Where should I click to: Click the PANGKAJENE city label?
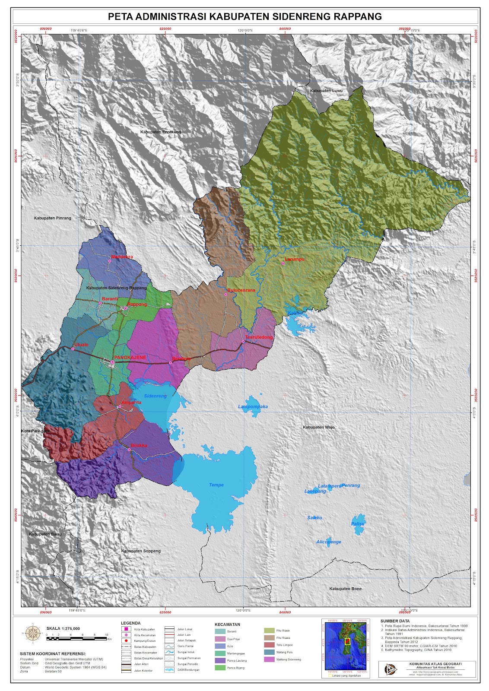[x=130, y=358]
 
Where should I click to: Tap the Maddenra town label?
[x=122, y=257]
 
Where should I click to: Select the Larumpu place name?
[x=295, y=259]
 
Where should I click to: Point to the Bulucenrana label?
[x=241, y=290]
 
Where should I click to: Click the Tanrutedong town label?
[x=259, y=337]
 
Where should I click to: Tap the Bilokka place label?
[x=139, y=446]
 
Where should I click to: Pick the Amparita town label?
[x=131, y=403]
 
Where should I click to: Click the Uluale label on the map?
[x=81, y=345]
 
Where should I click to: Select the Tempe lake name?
[x=216, y=485]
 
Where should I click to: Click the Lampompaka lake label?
[x=253, y=407]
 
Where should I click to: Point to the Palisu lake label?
[x=358, y=524]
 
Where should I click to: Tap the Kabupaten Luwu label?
[x=326, y=91]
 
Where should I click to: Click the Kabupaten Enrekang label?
[x=160, y=132]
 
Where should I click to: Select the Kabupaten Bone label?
[x=345, y=589]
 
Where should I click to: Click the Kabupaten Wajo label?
[x=318, y=427]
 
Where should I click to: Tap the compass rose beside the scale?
[x=32, y=633]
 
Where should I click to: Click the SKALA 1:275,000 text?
[x=63, y=628]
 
